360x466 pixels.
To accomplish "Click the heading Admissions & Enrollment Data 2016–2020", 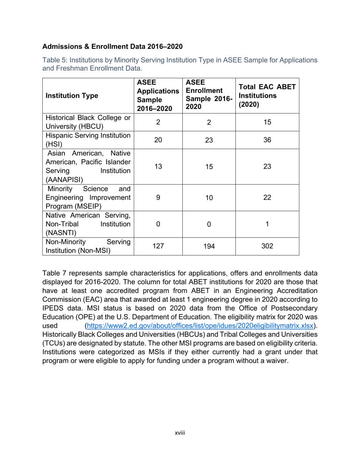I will pos(112,47).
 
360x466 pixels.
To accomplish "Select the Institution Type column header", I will pos(72,96).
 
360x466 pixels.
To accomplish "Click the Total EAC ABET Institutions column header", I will pos(267,95).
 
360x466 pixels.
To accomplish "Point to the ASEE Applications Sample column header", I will pos(158,95).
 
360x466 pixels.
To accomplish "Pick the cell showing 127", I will pos(158,246).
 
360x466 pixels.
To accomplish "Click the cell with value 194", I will pos(209,246).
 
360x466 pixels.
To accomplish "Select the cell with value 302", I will pos(267,246).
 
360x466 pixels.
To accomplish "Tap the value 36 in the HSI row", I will pos(267,140).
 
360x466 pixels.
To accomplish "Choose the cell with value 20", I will pos(158,140).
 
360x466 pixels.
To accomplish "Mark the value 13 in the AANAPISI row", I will pos(158,167).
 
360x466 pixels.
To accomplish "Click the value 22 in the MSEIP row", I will pos(267,198).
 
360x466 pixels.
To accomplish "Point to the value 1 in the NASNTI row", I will pos(267,224).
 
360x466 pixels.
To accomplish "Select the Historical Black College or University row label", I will pos(88,122).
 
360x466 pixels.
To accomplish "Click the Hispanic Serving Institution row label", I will pos(88,140).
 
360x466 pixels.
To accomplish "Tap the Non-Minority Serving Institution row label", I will pos(88,246).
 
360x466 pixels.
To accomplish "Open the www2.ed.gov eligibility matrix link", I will pos(200,326).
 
